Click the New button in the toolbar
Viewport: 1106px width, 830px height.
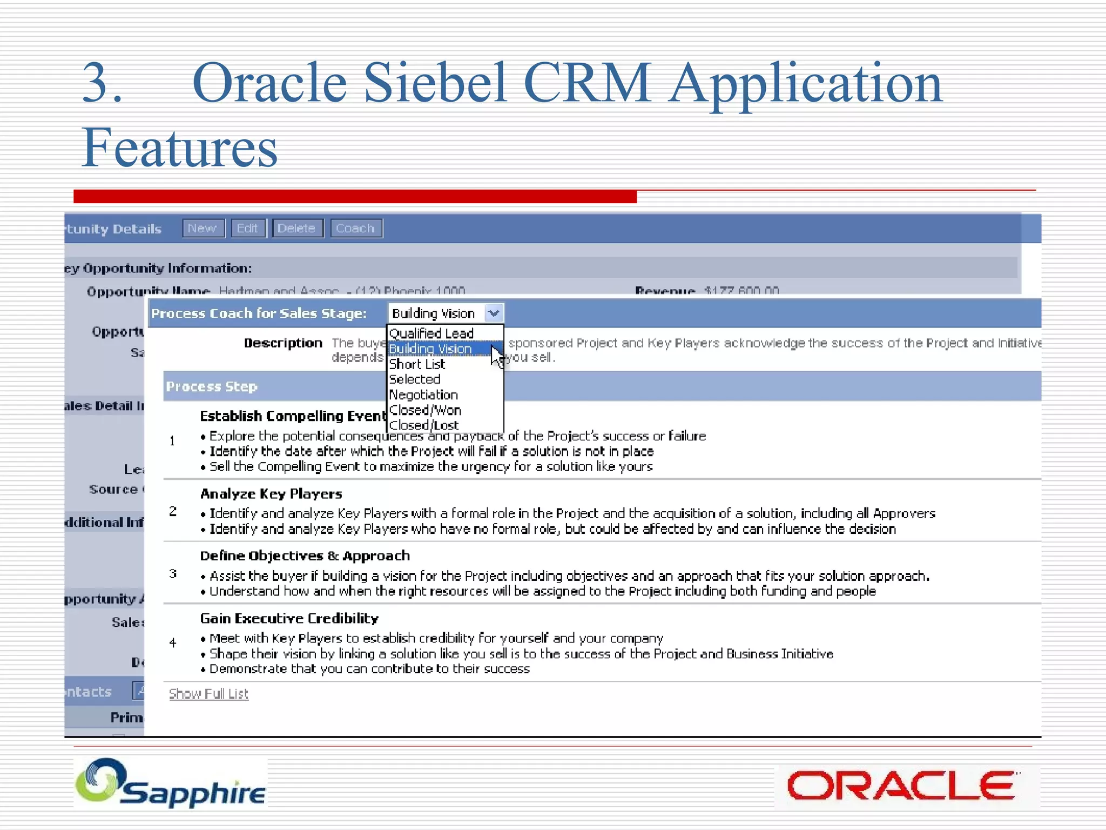point(203,228)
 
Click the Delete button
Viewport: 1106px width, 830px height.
point(297,228)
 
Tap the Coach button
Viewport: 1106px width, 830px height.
point(356,228)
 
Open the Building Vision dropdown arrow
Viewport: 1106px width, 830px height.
point(494,313)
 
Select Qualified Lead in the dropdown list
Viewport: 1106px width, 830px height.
point(431,333)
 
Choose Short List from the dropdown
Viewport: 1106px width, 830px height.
point(417,364)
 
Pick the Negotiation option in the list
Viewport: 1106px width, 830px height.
point(424,395)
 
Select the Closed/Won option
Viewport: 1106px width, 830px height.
point(426,410)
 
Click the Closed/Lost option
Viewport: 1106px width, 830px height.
point(424,425)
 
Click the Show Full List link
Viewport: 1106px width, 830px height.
point(208,693)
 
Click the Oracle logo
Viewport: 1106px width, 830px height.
point(901,786)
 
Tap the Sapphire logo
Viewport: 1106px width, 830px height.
point(171,784)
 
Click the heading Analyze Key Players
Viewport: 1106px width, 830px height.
point(271,493)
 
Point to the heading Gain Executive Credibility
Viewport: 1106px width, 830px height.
point(289,618)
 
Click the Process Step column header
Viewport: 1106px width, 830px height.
point(212,386)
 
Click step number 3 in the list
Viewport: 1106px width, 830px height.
point(173,574)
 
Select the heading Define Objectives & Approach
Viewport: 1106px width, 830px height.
point(305,555)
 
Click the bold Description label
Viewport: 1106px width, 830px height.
point(283,343)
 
